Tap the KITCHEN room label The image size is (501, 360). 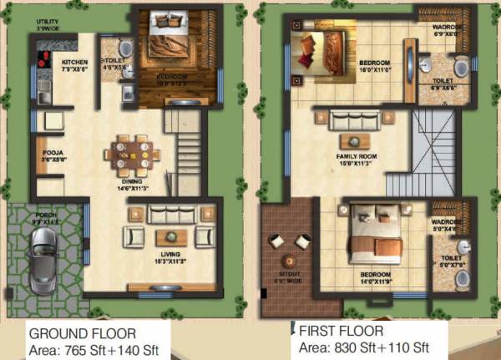point(74,62)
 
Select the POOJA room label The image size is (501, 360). point(49,153)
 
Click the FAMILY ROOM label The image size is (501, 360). point(357,156)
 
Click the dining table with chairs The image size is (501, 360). point(133,154)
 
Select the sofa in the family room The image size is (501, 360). point(356,120)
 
